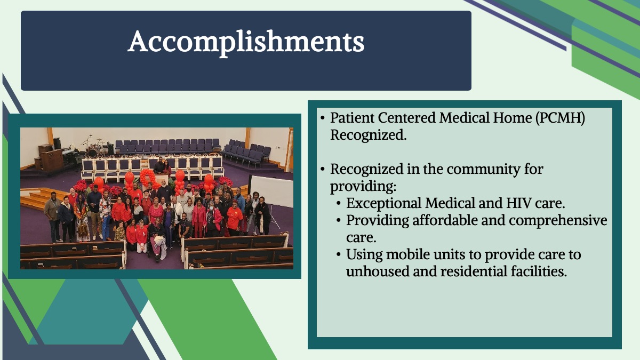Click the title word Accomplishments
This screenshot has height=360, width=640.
(246, 42)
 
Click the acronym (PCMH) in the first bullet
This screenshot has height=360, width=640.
(560, 118)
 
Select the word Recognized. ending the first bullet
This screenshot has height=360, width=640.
(369, 135)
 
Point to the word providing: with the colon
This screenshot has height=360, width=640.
(363, 187)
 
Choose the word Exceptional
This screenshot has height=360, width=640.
(383, 204)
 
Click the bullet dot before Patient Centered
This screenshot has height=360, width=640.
(323, 118)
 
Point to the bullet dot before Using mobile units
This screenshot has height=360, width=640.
(339, 254)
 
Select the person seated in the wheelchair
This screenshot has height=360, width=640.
(157, 238)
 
